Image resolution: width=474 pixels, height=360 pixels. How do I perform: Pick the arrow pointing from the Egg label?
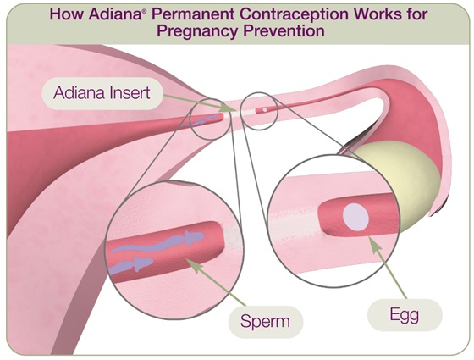[x=381, y=263]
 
